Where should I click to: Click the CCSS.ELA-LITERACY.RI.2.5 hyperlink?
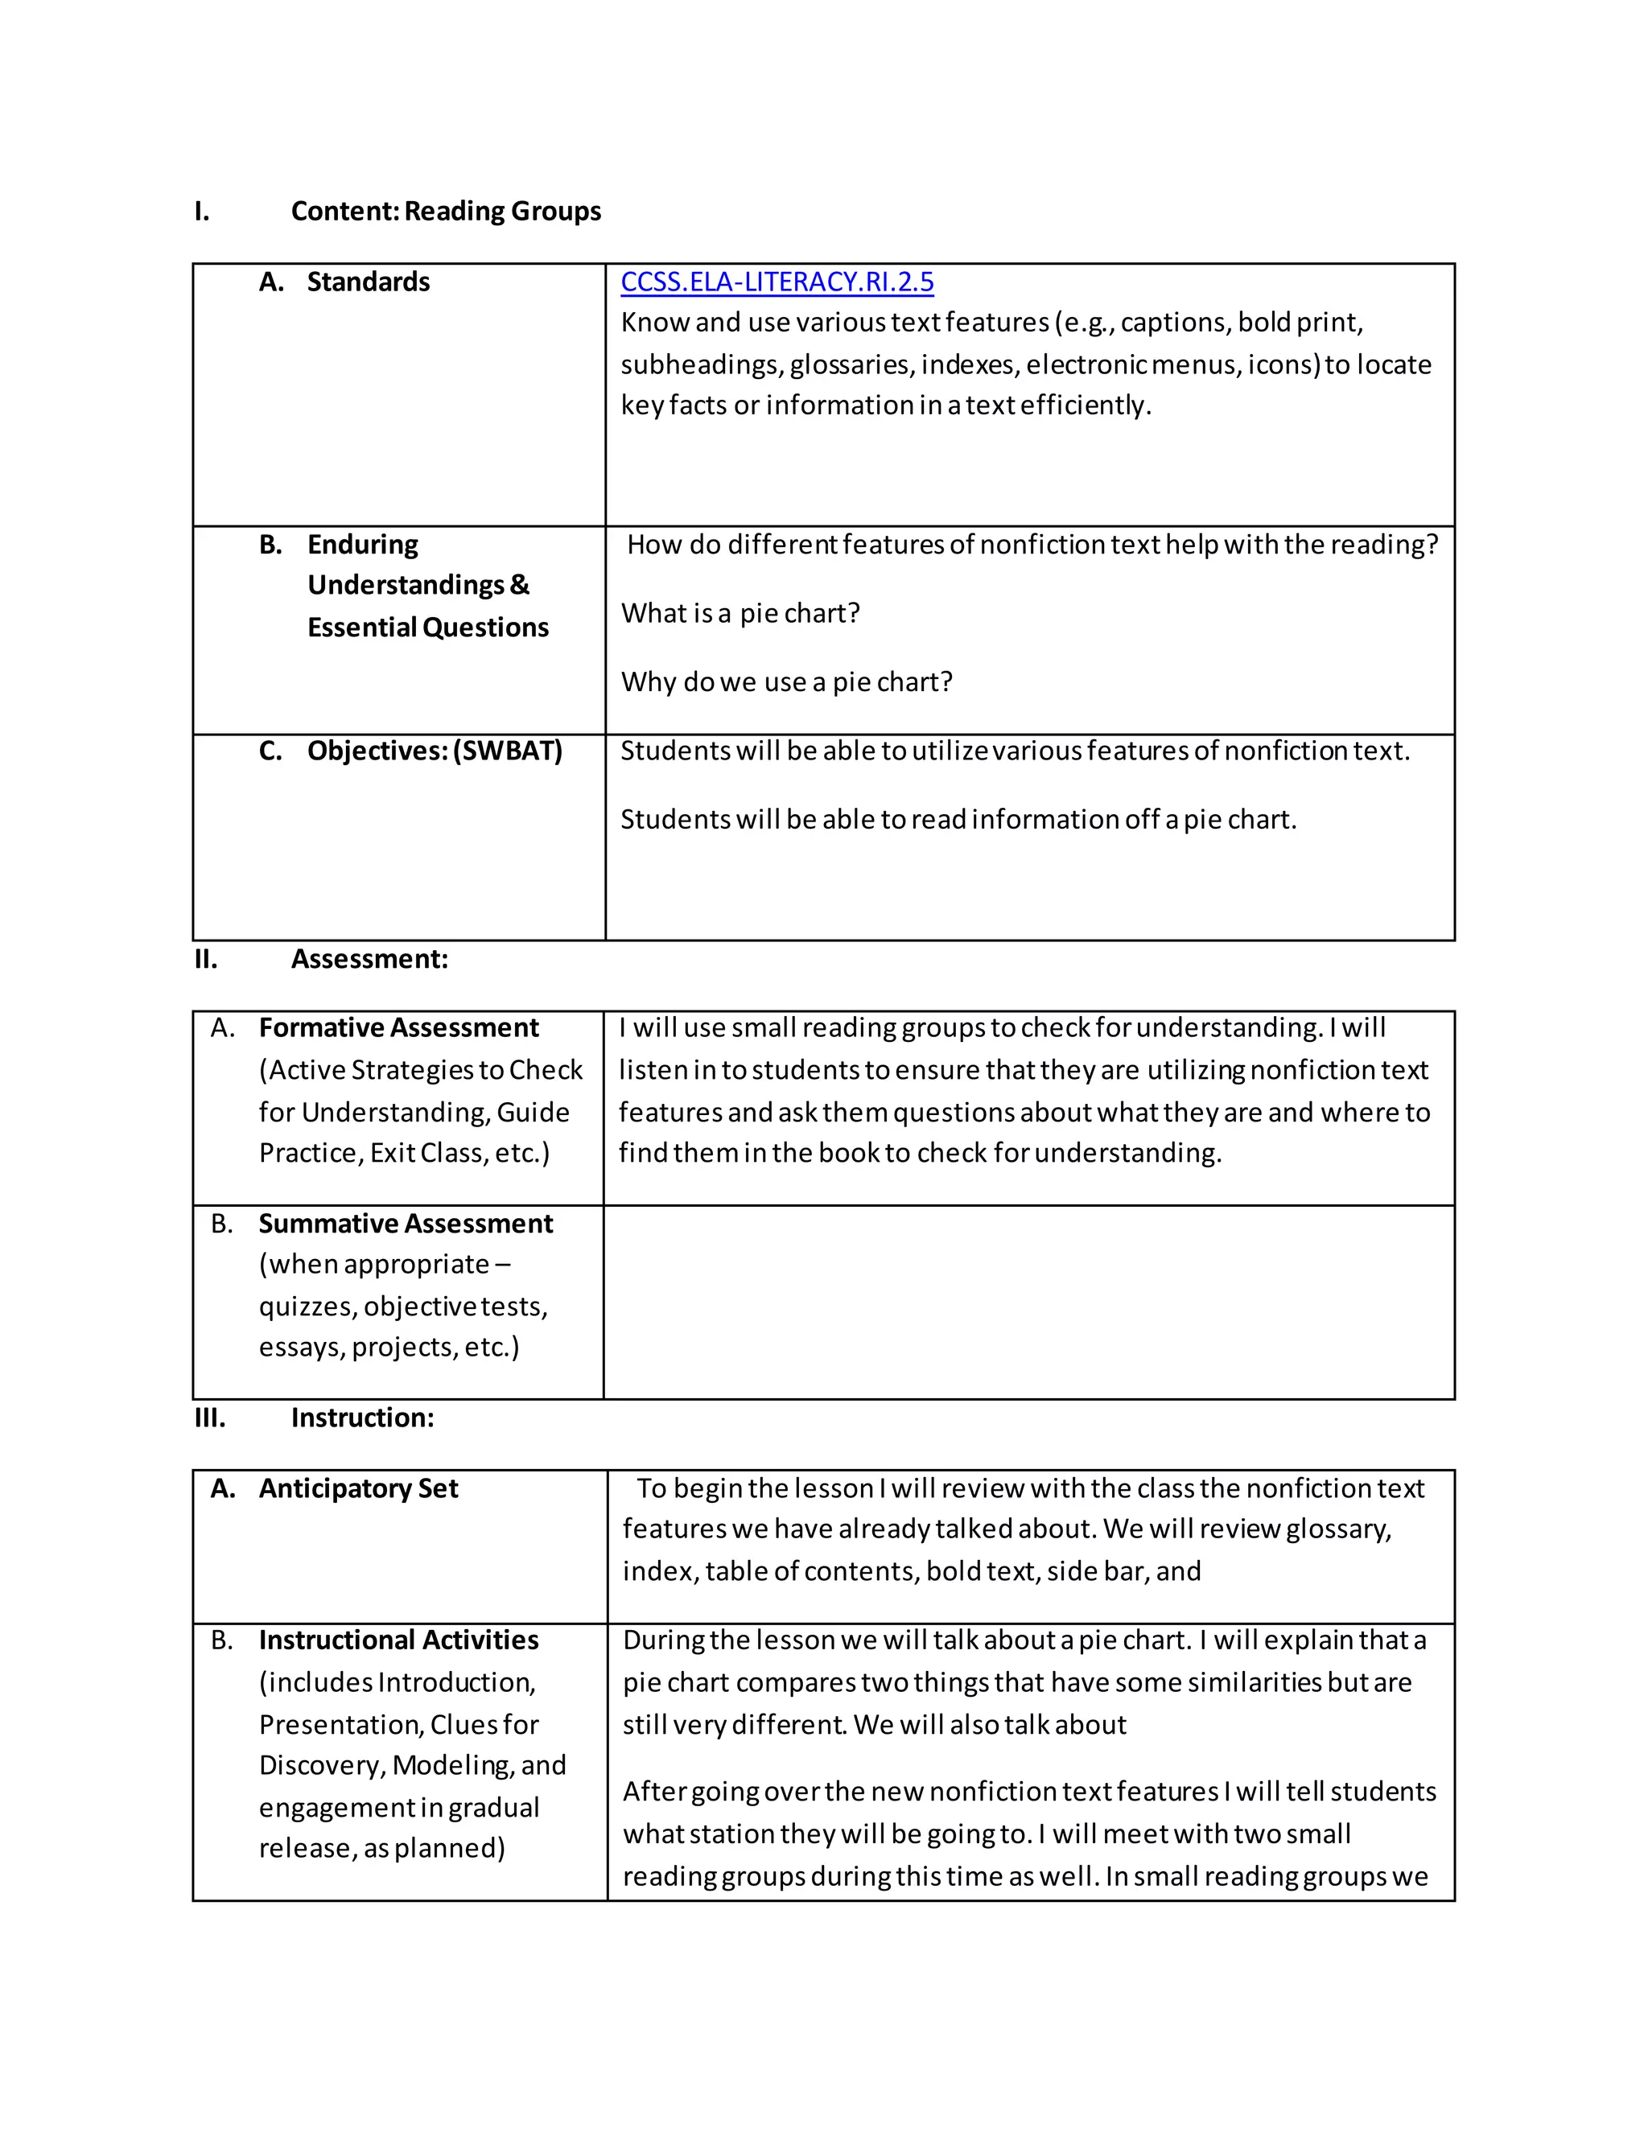pyautogui.click(x=777, y=282)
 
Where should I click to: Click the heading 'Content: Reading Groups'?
pyautogui.click(x=445, y=211)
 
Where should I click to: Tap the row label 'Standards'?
pyautogui.click(x=368, y=282)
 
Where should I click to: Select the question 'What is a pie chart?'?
pyautogui.click(x=740, y=613)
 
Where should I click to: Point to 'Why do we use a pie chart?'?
pyautogui.click(x=786, y=681)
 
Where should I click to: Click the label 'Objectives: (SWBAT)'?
pyautogui.click(x=435, y=751)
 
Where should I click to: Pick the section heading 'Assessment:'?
pyautogui.click(x=369, y=959)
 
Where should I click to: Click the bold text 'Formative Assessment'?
pyautogui.click(x=398, y=1028)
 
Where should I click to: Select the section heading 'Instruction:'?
pyautogui.click(x=362, y=1418)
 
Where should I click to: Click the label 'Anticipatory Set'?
pyautogui.click(x=358, y=1488)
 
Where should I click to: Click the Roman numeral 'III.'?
pyautogui.click(x=210, y=1418)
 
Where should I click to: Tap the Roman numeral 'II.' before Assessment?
pyautogui.click(x=206, y=959)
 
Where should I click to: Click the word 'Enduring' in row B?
pyautogui.click(x=362, y=544)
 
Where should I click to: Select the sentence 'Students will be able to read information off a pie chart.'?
pyautogui.click(x=958, y=819)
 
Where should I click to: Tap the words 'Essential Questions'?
pyautogui.click(x=427, y=627)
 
